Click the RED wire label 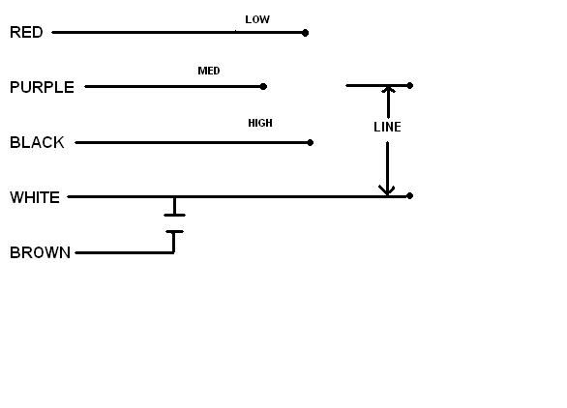coord(26,32)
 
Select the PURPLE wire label coord(42,87)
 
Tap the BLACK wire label coord(37,142)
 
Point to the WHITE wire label coord(35,197)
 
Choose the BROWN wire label coord(40,252)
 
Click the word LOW coord(257,19)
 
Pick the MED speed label coord(209,71)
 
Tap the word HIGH coord(260,123)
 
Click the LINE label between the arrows coord(387,127)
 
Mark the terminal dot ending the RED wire coord(305,33)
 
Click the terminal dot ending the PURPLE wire coord(263,86)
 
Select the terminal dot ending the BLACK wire coord(310,143)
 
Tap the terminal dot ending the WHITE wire coord(409,196)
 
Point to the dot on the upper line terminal coord(409,86)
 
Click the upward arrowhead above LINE coord(388,89)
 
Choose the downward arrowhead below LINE coord(387,190)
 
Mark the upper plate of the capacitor coord(175,215)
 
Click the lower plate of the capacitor coord(175,232)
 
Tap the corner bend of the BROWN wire coord(174,252)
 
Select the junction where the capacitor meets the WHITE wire coord(175,197)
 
